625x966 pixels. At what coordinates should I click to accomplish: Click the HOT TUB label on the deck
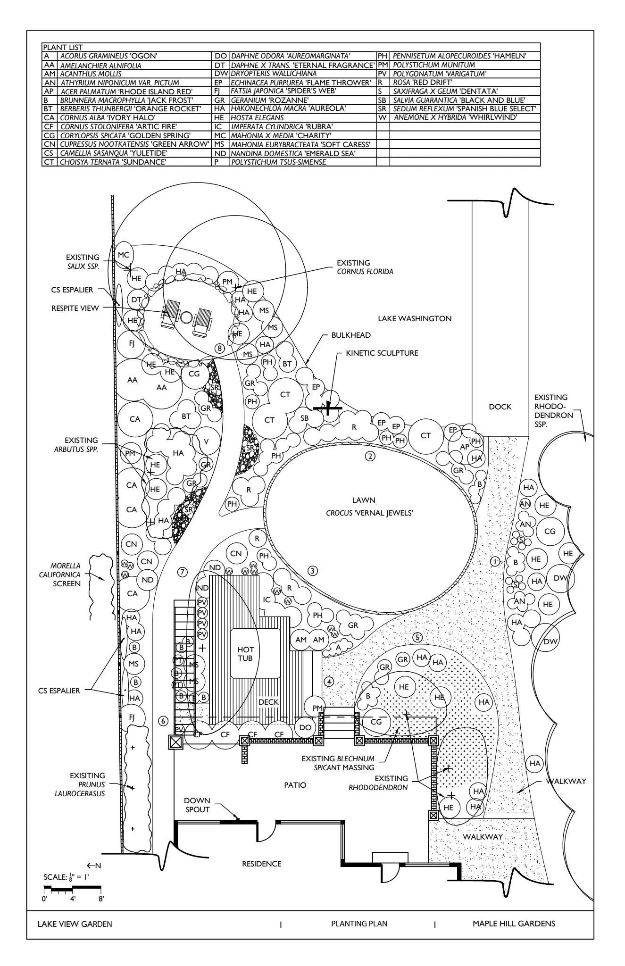(x=245, y=654)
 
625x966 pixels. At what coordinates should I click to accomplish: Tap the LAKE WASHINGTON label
(x=415, y=318)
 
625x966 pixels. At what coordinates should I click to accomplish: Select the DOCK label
(x=500, y=407)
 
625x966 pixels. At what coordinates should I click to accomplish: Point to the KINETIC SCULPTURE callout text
(x=382, y=353)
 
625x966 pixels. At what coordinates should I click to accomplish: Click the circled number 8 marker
(x=219, y=348)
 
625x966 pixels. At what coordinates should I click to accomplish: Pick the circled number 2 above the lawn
(x=370, y=456)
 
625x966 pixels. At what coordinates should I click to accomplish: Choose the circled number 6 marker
(x=163, y=721)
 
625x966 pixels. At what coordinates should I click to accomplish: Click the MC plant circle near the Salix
(x=124, y=255)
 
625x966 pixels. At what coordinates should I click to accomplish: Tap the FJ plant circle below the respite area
(x=132, y=343)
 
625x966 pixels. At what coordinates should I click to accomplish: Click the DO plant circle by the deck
(x=305, y=727)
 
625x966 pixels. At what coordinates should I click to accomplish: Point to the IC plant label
(x=267, y=600)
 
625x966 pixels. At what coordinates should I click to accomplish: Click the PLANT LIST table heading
(x=63, y=47)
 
